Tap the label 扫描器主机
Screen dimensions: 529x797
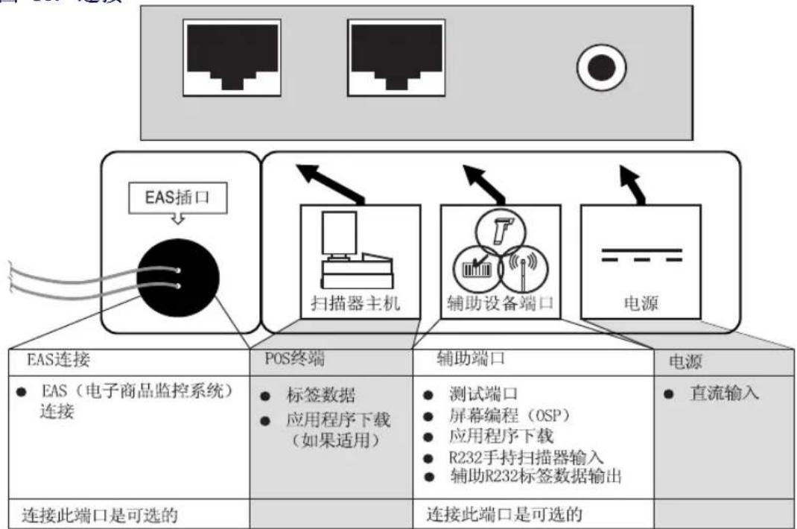pos(355,305)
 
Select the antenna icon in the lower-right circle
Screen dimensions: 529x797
pos(523,265)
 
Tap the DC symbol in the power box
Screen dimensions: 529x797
pos(641,254)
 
